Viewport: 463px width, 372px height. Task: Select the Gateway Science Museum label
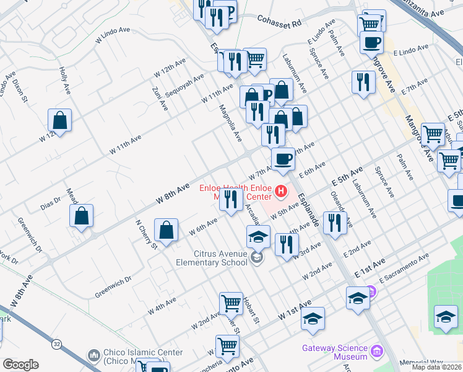(x=334, y=352)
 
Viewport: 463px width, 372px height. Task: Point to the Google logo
(x=20, y=365)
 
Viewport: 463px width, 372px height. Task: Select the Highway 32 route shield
(x=57, y=343)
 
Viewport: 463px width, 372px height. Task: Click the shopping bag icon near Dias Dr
(x=82, y=217)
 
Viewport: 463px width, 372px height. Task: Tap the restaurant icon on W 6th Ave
(x=231, y=200)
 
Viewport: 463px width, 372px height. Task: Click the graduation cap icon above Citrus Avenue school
(x=259, y=237)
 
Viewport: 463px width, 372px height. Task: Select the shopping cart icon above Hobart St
(x=231, y=304)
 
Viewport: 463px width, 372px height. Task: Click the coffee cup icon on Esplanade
(x=283, y=159)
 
